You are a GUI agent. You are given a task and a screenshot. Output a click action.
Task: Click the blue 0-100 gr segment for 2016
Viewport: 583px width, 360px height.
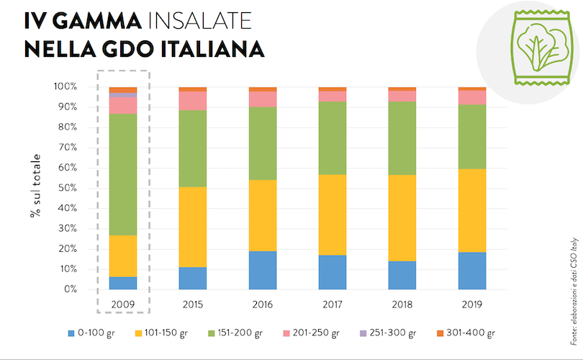click(262, 270)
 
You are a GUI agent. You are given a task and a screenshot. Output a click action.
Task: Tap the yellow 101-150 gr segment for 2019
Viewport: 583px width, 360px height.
click(472, 210)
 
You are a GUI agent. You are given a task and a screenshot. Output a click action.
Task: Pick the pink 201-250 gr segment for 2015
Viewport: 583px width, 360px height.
click(192, 101)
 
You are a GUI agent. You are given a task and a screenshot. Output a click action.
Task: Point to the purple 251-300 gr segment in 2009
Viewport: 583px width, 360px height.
click(122, 95)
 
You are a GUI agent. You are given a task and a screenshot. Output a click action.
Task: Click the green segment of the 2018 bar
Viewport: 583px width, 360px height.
click(402, 138)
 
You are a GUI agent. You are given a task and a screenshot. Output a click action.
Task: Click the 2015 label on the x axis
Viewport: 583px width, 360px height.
click(192, 305)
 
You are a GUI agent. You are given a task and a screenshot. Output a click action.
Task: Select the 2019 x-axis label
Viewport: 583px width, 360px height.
click(472, 305)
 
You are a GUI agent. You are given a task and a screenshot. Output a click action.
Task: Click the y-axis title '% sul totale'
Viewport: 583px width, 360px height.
click(35, 188)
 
